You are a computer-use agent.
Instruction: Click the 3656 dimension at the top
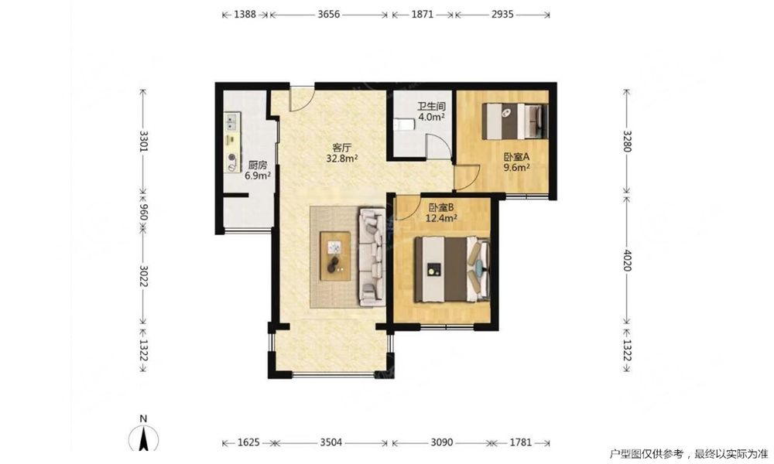point(328,14)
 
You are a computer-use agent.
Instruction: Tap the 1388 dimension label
point(245,14)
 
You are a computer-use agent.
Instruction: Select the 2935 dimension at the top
point(502,14)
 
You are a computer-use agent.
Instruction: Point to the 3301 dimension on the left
point(143,141)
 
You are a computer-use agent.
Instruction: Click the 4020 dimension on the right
point(627,261)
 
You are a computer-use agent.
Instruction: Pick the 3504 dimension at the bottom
point(330,442)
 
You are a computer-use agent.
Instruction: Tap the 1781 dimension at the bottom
point(520,442)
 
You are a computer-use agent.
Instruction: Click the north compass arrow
point(143,438)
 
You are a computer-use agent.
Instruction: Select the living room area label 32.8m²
point(342,159)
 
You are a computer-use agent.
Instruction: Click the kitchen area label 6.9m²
point(258,175)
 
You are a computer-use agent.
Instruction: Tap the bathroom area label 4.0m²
point(431,118)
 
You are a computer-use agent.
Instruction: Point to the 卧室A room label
point(516,157)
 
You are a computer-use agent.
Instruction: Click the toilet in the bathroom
point(403,125)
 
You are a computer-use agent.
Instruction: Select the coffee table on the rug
point(335,257)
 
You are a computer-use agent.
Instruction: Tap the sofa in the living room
point(372,257)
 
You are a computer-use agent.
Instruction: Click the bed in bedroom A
point(515,121)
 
